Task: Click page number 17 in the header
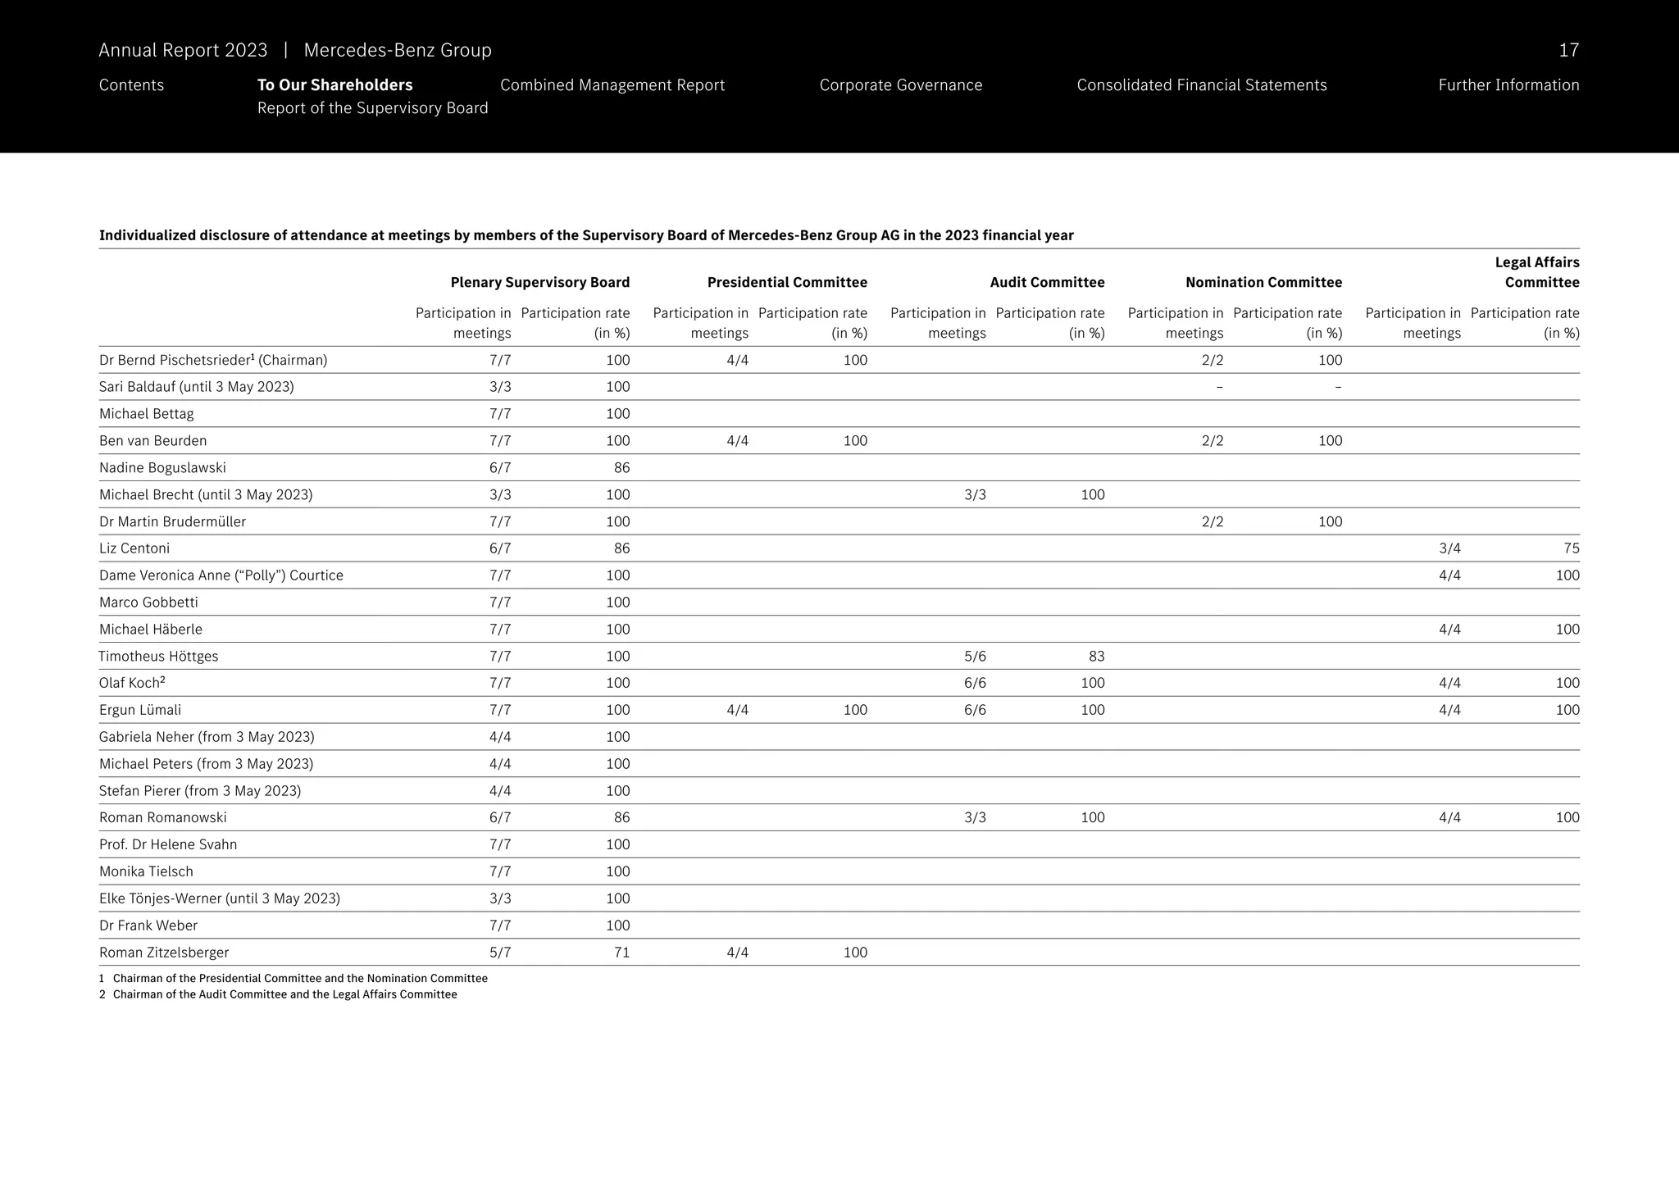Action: coord(1568,50)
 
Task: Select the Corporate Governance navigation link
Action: coord(900,85)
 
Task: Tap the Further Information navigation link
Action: coord(1508,85)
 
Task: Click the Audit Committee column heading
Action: coord(1047,283)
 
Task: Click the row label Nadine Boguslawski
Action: coord(162,468)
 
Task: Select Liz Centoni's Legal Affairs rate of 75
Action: coord(1571,548)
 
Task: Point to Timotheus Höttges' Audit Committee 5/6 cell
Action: coord(975,657)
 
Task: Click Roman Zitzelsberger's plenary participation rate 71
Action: coord(621,953)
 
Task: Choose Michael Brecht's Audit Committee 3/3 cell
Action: coord(975,495)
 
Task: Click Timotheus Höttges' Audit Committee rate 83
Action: coord(1096,657)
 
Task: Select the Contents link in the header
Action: coord(131,85)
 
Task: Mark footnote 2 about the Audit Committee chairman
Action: coord(279,994)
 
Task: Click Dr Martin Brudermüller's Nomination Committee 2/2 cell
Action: coord(1212,522)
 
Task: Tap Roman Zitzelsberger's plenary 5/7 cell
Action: coord(500,953)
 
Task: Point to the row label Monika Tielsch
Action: coord(146,871)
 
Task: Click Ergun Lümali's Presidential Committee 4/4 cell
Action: coord(737,710)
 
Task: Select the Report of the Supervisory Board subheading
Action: coord(372,108)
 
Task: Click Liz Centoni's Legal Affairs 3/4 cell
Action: coord(1449,548)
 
